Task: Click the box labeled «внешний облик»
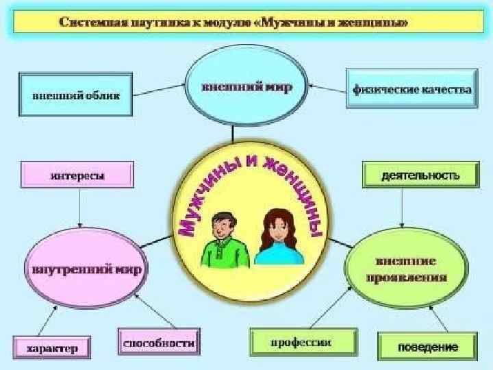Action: point(75,95)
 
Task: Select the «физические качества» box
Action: point(412,89)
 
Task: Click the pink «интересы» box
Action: point(77,175)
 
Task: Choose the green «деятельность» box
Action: point(420,175)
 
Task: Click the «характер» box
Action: point(52,348)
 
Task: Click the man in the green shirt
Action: point(222,240)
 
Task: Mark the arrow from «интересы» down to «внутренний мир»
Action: point(80,209)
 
